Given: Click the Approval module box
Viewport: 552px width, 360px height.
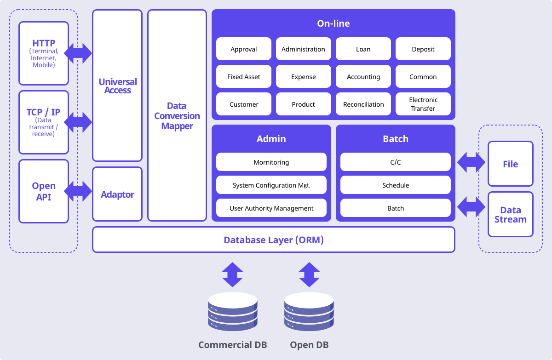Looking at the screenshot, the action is (x=243, y=49).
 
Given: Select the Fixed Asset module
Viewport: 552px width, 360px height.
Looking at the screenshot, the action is (x=243, y=76).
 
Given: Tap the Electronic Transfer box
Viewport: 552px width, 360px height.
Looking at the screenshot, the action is (x=423, y=104).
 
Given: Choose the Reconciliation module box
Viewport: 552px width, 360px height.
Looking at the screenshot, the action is (x=363, y=104).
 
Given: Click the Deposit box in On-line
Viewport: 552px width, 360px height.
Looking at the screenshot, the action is (x=423, y=49).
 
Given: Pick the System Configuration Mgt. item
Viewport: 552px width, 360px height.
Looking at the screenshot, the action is (x=271, y=185).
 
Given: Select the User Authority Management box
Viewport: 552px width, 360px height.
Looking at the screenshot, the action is (x=271, y=208).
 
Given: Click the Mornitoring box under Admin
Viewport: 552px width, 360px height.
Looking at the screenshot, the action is (x=271, y=162).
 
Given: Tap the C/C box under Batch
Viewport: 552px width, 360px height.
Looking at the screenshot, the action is (x=395, y=162).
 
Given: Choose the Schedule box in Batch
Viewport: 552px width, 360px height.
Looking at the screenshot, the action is (x=395, y=185).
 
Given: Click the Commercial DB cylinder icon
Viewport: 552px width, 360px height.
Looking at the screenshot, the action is (x=233, y=311).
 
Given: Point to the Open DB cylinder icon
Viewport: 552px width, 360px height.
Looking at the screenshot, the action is (x=309, y=311).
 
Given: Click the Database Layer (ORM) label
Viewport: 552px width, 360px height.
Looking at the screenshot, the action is (x=274, y=240).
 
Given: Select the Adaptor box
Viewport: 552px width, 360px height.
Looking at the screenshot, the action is (x=117, y=194).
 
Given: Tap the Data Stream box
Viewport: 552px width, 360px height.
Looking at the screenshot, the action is (x=510, y=214).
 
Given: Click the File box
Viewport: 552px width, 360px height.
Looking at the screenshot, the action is (x=510, y=164).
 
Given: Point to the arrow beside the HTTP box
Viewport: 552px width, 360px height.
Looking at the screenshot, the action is (x=78, y=53).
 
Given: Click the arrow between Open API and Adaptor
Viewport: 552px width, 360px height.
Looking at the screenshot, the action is (x=78, y=191).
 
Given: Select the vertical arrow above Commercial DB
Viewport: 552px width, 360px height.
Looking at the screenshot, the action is (x=232, y=274).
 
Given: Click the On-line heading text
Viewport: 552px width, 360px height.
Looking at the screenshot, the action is (x=333, y=23).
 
